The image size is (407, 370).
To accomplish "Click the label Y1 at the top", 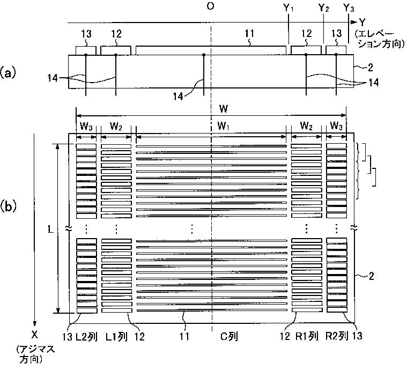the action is click(x=288, y=9).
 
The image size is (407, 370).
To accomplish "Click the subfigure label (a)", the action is click(x=11, y=73).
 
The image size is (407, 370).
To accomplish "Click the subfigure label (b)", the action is click(x=11, y=205).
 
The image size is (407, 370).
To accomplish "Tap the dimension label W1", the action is click(x=224, y=127).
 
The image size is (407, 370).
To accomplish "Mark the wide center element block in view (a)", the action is click(x=211, y=50).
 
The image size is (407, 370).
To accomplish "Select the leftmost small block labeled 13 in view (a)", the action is click(x=86, y=50).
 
